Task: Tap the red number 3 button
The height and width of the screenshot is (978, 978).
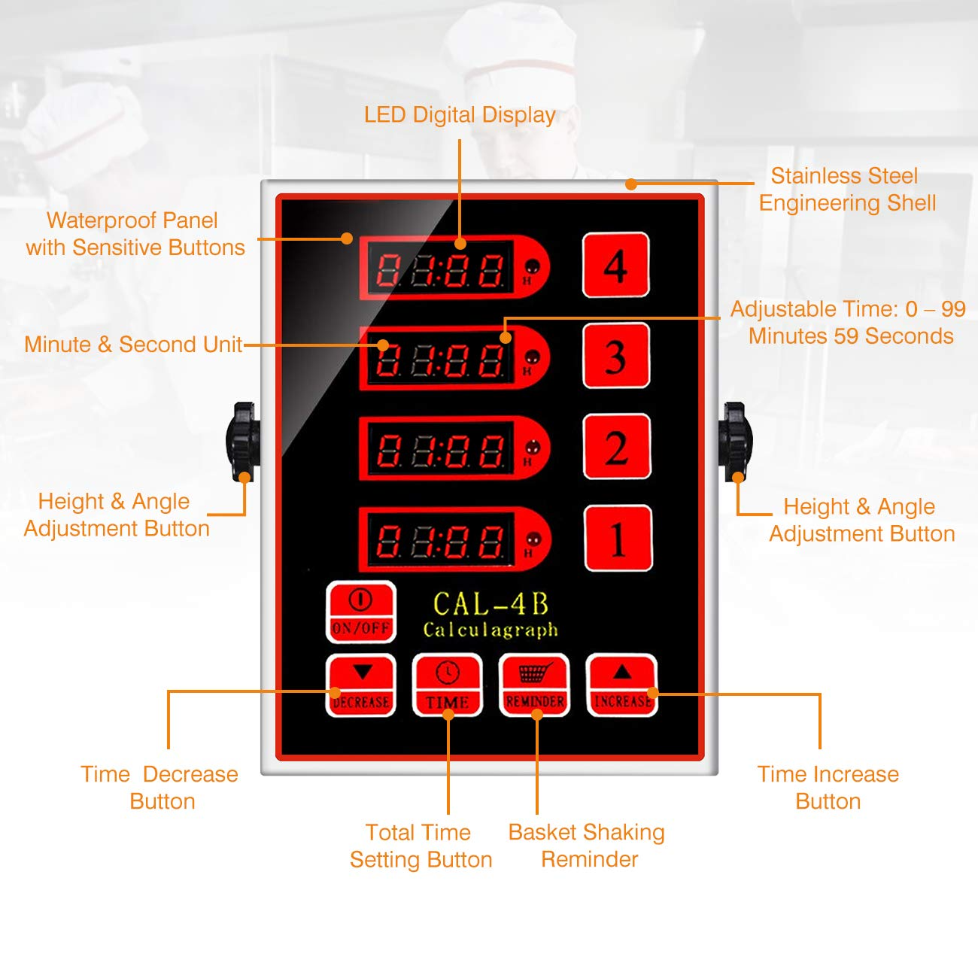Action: click(x=616, y=356)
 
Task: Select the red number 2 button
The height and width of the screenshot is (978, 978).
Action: click(x=617, y=447)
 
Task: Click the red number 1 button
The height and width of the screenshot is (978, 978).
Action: click(x=618, y=539)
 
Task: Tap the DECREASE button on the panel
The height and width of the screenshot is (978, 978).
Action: click(x=361, y=685)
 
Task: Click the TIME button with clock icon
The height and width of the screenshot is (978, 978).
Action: click(x=448, y=685)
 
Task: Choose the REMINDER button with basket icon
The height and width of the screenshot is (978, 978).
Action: click(x=535, y=685)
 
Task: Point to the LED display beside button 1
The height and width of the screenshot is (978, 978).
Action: click(x=440, y=539)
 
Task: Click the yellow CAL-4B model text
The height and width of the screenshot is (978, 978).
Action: click(x=491, y=604)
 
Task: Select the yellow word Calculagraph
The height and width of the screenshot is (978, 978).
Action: click(x=491, y=630)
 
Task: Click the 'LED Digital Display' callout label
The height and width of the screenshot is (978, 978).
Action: click(x=460, y=115)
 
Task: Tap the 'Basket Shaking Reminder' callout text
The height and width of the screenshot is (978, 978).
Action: click(x=588, y=846)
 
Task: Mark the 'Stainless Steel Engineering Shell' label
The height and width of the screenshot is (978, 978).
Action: click(x=846, y=190)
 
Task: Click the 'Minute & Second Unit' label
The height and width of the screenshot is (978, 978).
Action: click(x=133, y=345)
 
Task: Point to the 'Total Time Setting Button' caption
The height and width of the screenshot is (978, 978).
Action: click(x=421, y=846)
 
